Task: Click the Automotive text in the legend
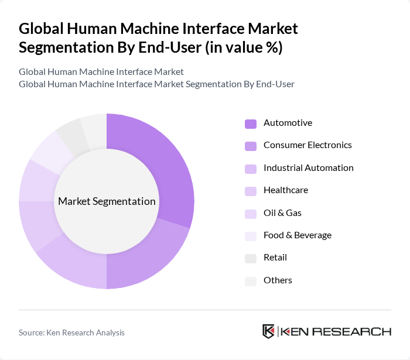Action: [288, 123]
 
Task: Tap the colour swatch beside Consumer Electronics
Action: [251, 146]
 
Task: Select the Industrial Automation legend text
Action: [309, 168]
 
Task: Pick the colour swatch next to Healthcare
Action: [251, 191]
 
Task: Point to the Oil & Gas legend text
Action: [282, 213]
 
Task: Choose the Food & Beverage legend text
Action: [298, 235]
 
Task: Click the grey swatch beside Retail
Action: [251, 258]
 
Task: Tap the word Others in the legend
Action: [278, 280]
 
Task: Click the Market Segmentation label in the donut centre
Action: [107, 201]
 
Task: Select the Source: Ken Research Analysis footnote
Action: [71, 332]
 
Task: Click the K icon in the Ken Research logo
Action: [269, 331]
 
